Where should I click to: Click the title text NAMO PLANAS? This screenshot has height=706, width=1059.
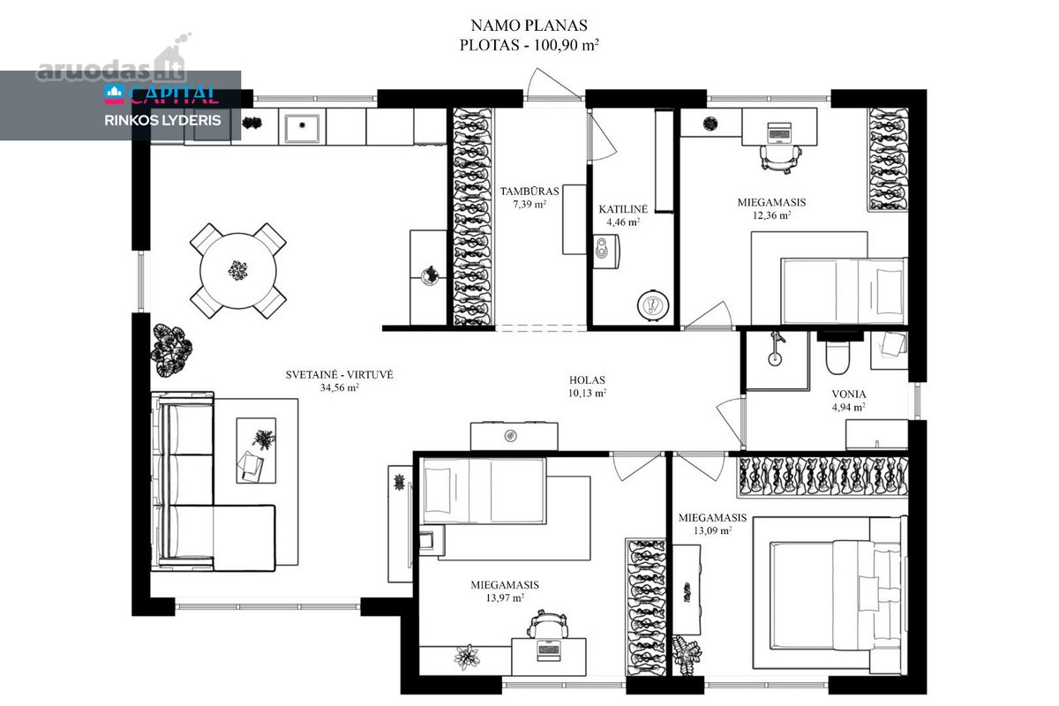529,25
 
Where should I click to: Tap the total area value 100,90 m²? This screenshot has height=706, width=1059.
567,45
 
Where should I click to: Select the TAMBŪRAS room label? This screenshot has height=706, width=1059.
529,192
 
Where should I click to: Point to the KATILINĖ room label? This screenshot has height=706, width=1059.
623,209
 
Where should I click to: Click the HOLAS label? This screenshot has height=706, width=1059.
587,379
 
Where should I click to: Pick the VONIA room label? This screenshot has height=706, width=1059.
849,394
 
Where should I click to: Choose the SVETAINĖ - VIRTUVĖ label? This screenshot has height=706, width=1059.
339,374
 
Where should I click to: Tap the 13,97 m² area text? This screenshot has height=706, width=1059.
505,597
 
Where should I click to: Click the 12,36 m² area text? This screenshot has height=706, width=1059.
771,215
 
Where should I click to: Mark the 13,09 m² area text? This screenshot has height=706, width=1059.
712,530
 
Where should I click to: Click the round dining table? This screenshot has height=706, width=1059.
237,271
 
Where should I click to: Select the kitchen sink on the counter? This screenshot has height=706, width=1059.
302,126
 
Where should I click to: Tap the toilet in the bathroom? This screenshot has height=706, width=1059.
837,356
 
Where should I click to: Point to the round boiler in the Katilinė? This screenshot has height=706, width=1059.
653,305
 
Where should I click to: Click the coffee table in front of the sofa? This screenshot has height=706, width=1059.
256,450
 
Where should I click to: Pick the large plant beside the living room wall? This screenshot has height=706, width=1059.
171,350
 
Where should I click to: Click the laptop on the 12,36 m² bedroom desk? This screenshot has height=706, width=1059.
779,132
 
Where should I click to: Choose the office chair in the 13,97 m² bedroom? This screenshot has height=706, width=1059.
547,624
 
